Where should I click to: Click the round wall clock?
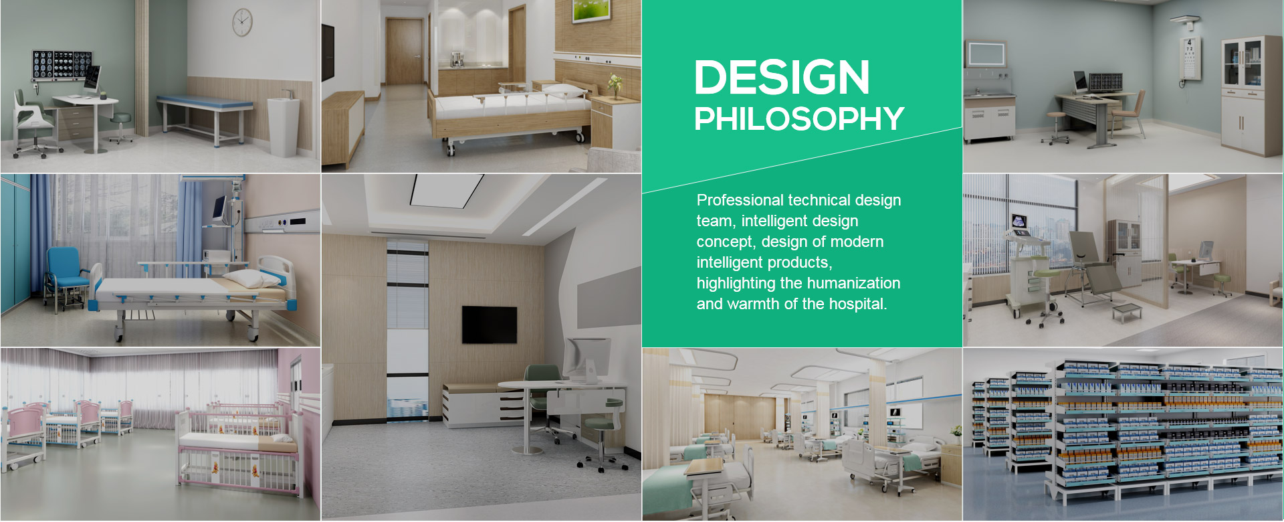(x=242, y=22)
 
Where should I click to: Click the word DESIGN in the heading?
(x=782, y=77)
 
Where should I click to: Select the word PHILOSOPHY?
(x=799, y=118)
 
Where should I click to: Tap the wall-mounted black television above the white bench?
(x=490, y=325)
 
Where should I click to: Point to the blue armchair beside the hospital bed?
(x=65, y=277)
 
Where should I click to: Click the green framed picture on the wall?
(x=591, y=11)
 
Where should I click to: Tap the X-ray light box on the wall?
(x=62, y=66)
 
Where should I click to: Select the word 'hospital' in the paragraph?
(x=858, y=304)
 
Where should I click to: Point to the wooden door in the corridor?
(x=404, y=51)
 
